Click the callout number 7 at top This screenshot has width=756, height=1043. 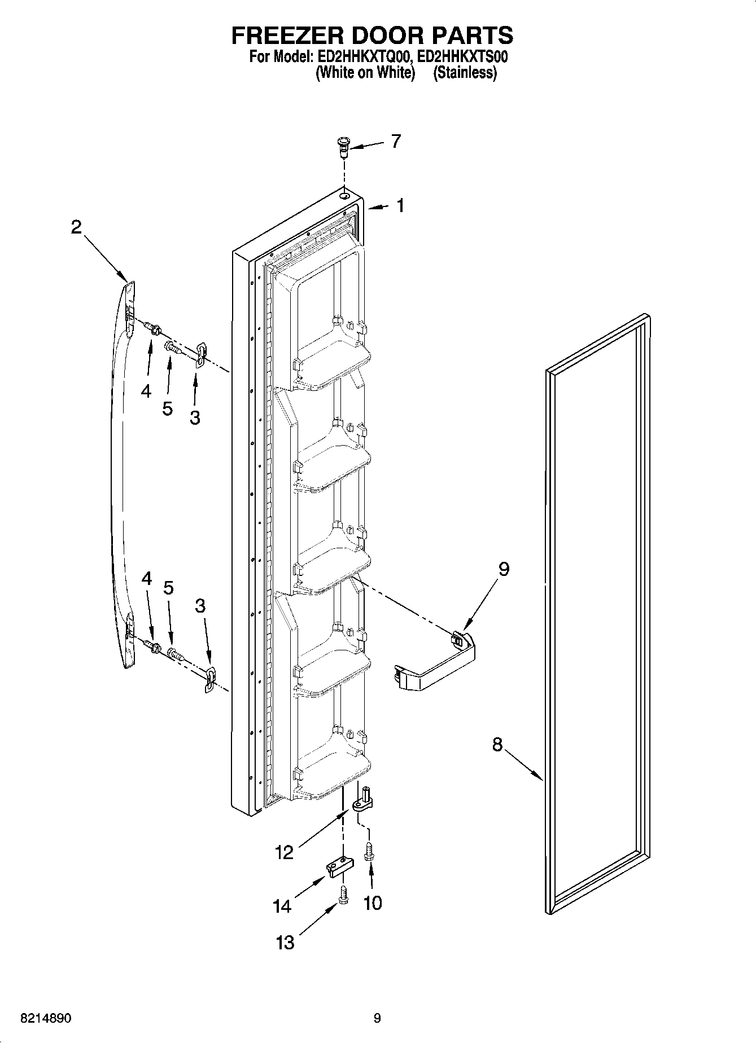[396, 141]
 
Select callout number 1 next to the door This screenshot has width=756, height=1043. [400, 206]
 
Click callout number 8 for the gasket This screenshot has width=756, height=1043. [497, 745]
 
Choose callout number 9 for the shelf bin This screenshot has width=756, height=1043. [504, 569]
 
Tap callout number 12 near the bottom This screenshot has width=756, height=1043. [285, 852]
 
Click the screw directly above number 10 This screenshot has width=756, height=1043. [370, 851]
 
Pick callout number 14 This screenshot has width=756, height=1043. [282, 906]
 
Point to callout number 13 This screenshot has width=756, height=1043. [286, 942]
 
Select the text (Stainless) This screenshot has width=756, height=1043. [465, 73]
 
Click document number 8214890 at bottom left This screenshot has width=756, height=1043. [46, 1019]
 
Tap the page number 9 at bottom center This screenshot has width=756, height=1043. [377, 1019]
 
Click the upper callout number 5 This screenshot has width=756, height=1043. [167, 408]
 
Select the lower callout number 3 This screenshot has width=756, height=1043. [200, 606]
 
